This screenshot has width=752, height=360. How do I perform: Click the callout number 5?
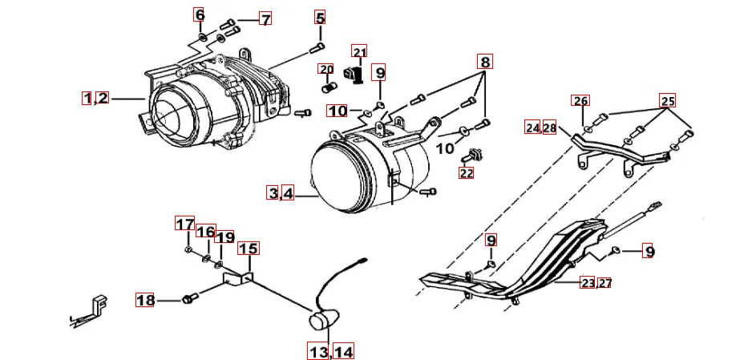pyautogui.click(x=320, y=18)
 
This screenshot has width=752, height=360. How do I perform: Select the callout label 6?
pyautogui.click(x=200, y=15)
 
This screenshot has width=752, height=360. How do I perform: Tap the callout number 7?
pyautogui.click(x=265, y=18)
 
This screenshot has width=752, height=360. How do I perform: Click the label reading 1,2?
pyautogui.click(x=95, y=99)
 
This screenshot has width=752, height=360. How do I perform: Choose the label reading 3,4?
pyautogui.click(x=281, y=192)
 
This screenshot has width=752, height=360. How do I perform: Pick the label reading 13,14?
pyautogui.click(x=331, y=350)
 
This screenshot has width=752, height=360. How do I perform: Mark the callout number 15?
pyautogui.click(x=248, y=249)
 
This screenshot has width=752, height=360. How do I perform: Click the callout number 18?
pyautogui.click(x=145, y=301)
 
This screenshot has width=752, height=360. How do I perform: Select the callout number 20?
pyautogui.click(x=325, y=69)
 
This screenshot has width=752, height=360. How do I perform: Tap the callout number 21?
pyautogui.click(x=359, y=52)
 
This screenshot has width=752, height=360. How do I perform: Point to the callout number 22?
pyautogui.click(x=467, y=172)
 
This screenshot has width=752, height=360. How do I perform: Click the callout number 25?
pyautogui.click(x=668, y=101)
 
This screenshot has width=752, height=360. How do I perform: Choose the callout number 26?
pyautogui.click(x=580, y=101)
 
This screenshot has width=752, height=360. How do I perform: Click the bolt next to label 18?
pyautogui.click(x=190, y=299)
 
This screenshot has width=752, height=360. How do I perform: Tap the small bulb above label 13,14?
pyautogui.click(x=321, y=322)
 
